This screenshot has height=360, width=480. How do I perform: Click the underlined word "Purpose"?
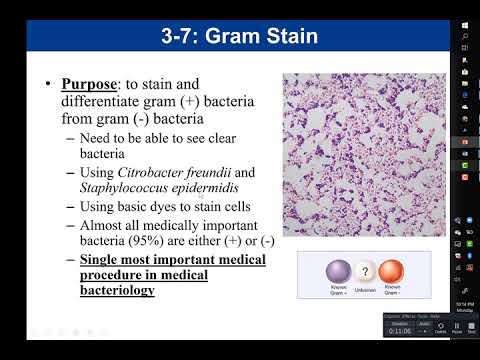pyautogui.click(x=91, y=85)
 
